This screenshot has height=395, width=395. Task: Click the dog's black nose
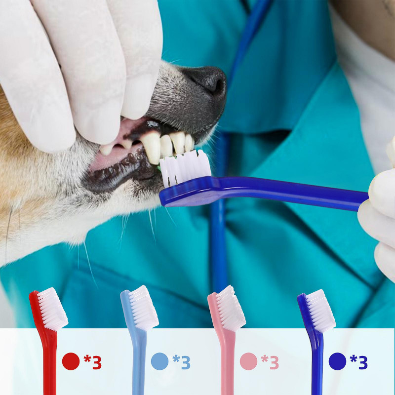point(207,81)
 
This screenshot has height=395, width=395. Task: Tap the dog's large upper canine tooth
point(152,147)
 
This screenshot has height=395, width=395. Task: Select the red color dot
point(71,361)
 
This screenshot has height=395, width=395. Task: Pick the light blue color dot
point(159,361)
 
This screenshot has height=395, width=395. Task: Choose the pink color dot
point(248,361)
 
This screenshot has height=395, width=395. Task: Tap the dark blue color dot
point(337,361)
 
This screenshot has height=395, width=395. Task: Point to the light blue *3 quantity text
point(181,362)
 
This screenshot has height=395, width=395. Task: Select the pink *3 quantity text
point(270,362)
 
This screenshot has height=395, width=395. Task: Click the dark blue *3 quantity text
point(359,362)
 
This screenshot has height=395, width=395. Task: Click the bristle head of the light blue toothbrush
point(143,307)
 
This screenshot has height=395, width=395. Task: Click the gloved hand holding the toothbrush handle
point(380,207)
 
